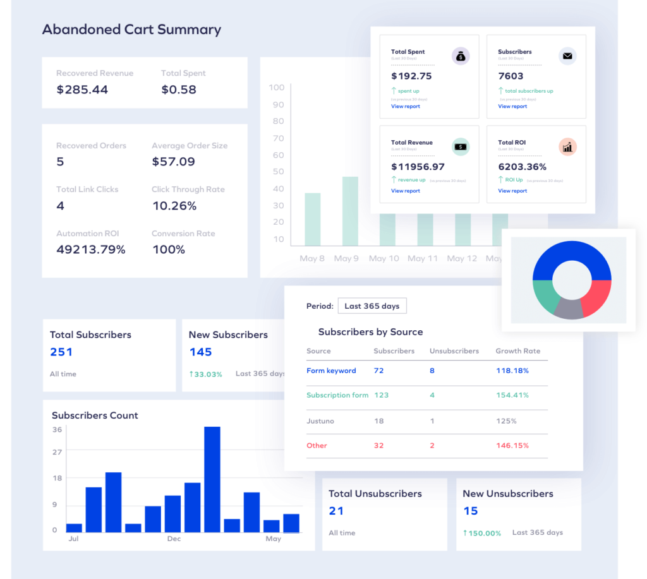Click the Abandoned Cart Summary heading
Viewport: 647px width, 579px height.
[x=131, y=30]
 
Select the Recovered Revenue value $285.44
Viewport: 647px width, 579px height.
[x=82, y=90]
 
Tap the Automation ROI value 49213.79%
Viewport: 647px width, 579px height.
[x=91, y=250]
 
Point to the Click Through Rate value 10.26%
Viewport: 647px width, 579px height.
[x=174, y=206]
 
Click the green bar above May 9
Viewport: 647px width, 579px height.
[x=350, y=211]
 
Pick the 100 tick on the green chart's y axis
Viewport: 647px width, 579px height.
[x=277, y=87]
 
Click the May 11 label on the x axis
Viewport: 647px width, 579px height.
[x=423, y=258]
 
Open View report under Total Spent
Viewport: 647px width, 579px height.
[x=405, y=106]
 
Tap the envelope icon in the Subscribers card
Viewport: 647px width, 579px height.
[x=567, y=57]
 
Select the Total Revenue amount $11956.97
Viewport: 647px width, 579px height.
[x=418, y=167]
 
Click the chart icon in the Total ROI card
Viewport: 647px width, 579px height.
[x=567, y=147]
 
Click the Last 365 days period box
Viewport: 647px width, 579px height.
[x=372, y=306]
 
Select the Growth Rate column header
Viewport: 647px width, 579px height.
[x=517, y=351]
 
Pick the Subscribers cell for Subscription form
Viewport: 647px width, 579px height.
[x=381, y=395]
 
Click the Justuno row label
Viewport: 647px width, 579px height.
[x=320, y=421]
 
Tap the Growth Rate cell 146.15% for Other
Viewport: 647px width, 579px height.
[x=512, y=446]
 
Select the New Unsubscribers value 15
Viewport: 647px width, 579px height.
[x=471, y=511]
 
